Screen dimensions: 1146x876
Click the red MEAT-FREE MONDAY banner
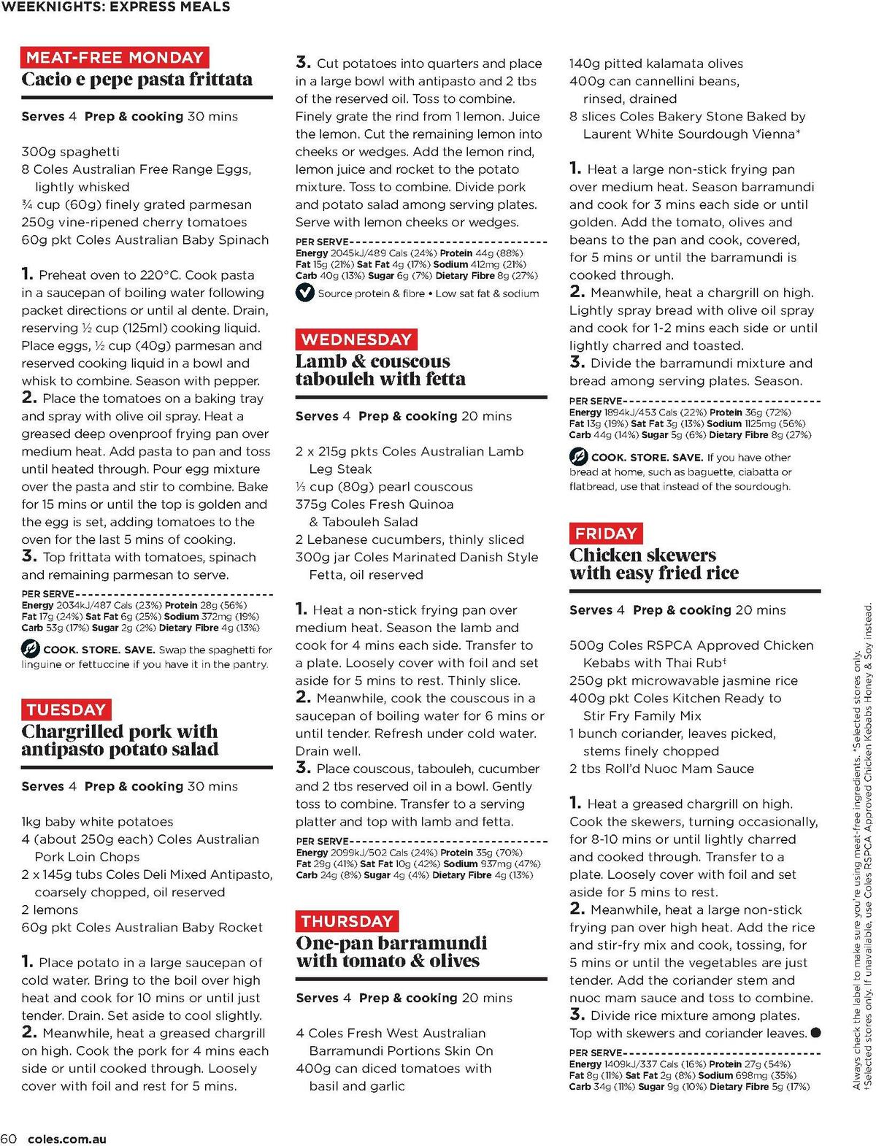115,58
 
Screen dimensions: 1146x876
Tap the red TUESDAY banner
66,709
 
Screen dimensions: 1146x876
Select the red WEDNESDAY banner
356,339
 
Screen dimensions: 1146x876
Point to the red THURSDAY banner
347,921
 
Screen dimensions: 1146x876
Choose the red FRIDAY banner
606,534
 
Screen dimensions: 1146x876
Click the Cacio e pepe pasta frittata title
137,80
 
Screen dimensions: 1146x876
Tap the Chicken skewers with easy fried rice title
653,564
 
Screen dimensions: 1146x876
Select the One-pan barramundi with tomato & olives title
391,952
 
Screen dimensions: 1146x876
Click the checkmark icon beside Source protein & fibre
304,293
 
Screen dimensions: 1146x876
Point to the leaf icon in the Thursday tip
578,458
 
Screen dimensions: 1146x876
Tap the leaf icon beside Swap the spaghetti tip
30,649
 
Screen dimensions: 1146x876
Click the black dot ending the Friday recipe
815,1033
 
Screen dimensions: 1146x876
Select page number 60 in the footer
9,1139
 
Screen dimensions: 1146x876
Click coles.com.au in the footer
66,1139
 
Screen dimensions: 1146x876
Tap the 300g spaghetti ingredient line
70,152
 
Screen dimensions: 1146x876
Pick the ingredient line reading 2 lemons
50,910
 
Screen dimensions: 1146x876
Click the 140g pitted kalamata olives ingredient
656,64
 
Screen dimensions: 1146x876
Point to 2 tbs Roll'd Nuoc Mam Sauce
661,769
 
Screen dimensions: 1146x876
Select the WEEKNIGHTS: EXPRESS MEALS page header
115,7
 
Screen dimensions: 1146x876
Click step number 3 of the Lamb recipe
303,768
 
